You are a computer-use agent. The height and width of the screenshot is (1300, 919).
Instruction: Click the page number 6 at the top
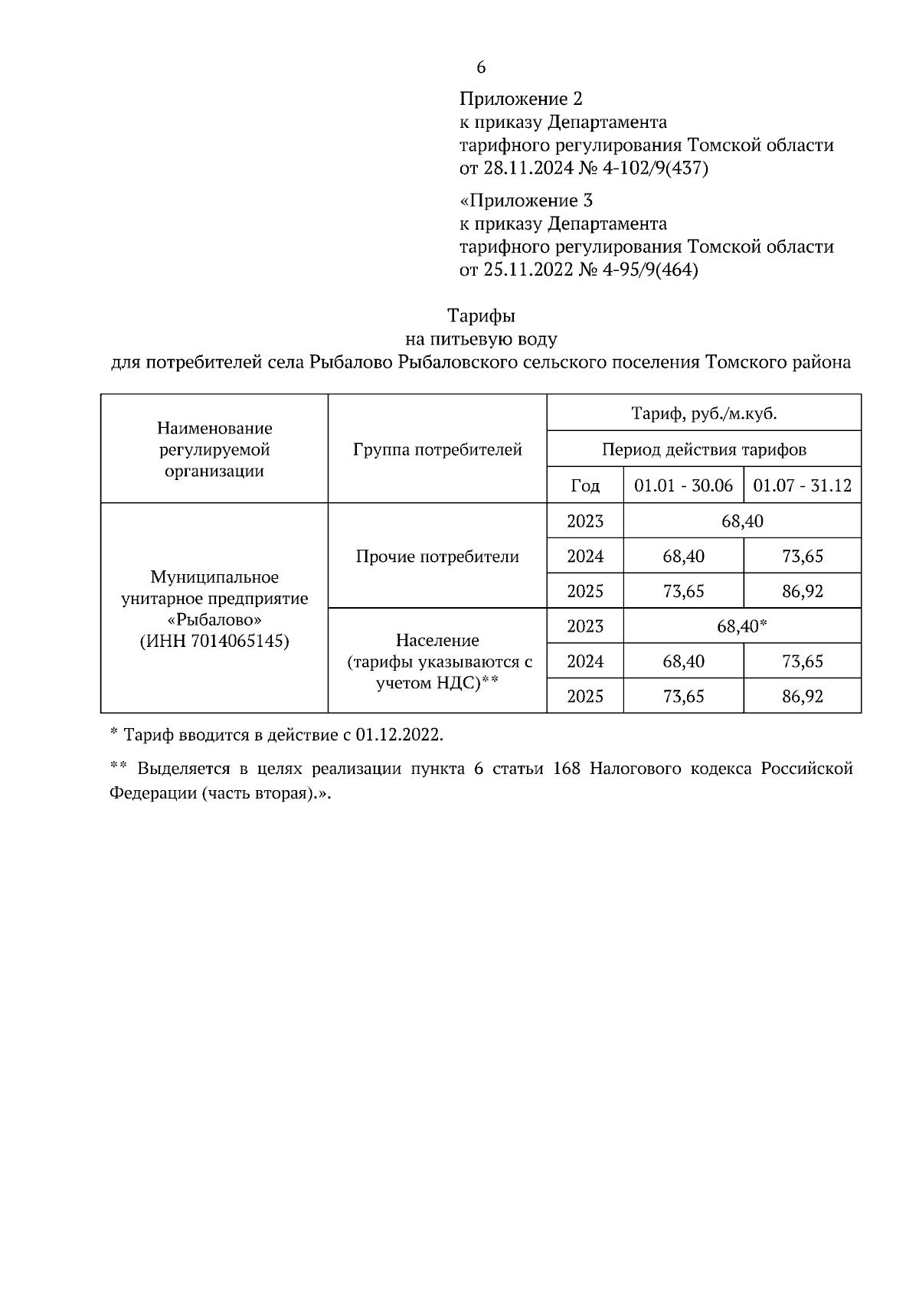coord(481,67)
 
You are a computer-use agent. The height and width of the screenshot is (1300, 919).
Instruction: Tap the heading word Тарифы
coord(481,315)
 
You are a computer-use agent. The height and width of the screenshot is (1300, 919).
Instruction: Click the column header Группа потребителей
coord(437,449)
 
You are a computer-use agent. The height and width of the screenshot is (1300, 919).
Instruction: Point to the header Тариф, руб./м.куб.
coord(703,414)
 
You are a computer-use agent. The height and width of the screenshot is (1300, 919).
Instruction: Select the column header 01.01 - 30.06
coord(683,485)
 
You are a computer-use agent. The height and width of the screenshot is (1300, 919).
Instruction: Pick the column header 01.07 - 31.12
coord(802,485)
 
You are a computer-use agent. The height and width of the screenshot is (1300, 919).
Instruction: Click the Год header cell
coord(585,485)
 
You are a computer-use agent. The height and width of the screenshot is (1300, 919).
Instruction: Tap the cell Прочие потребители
coord(437,557)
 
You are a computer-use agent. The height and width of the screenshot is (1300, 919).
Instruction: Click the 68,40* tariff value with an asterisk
coord(741,626)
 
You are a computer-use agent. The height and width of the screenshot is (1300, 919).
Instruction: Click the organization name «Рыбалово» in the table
coord(214,619)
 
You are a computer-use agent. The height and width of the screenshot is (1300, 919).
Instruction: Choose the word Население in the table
coord(437,640)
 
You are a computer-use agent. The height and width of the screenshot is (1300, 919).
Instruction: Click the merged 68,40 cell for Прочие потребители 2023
coord(741,521)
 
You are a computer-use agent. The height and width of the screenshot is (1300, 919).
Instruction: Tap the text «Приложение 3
coord(526,201)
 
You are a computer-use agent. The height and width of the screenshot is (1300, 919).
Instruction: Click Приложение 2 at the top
coord(521,100)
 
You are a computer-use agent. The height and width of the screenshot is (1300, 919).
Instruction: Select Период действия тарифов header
coord(703,449)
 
